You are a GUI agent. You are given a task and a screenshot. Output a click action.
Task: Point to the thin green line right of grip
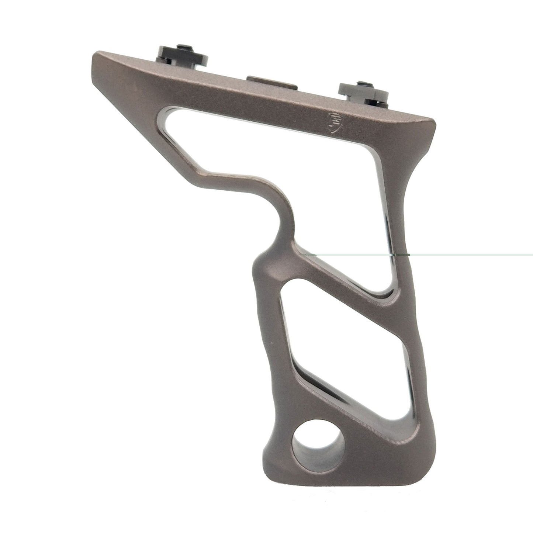pyautogui.click(x=480, y=255)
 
